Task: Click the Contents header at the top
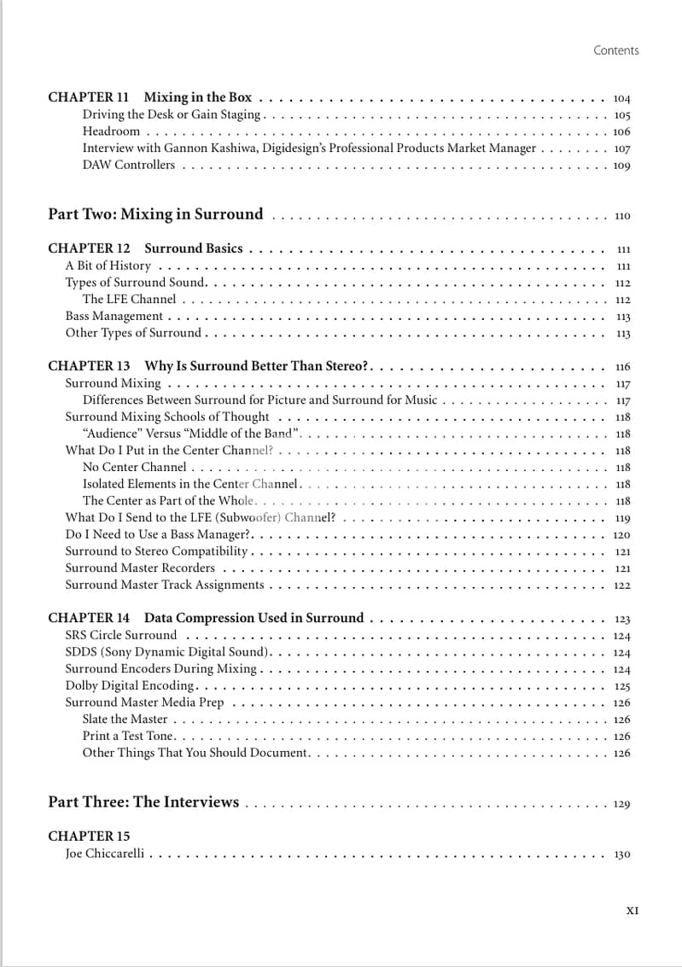[x=615, y=50]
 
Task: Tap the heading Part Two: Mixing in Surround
[x=155, y=214]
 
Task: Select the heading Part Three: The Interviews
[x=143, y=802]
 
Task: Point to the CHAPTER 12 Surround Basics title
[x=145, y=248]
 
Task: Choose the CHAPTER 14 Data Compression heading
[x=206, y=618]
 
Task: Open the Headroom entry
[x=111, y=131]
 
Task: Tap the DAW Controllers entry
[x=128, y=165]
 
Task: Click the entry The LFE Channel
[x=129, y=300]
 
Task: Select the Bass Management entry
[x=114, y=316]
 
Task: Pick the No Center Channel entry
[x=134, y=468]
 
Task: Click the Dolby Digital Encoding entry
[x=131, y=685]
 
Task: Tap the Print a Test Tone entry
[x=127, y=736]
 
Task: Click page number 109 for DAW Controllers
[x=621, y=166]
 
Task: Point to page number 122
[x=621, y=585]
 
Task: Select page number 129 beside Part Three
[x=621, y=804]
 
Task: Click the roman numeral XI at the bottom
[x=632, y=911]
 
